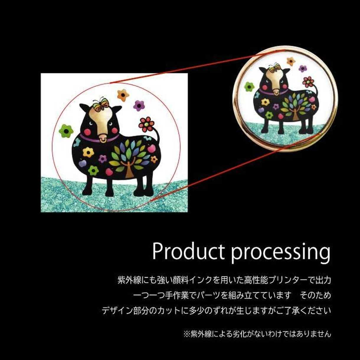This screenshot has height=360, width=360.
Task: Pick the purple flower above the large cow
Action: (139, 106)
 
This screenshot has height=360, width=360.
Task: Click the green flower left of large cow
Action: (66, 131)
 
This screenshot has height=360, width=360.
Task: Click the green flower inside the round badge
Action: (249, 87)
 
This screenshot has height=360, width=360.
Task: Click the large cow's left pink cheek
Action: (87, 132)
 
